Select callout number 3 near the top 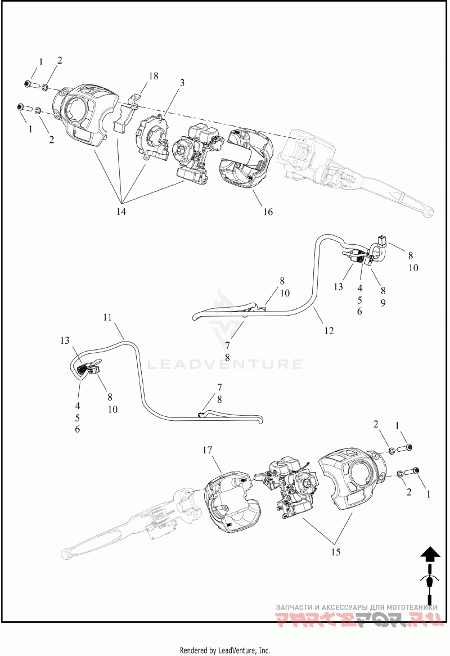point(182,83)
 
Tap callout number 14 point(121,212)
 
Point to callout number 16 point(267,212)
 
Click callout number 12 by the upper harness point(329,331)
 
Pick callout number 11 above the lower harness point(107,317)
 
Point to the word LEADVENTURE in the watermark point(224,364)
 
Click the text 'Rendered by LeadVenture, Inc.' point(225,650)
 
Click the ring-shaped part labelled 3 point(152,137)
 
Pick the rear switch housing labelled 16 point(247,158)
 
